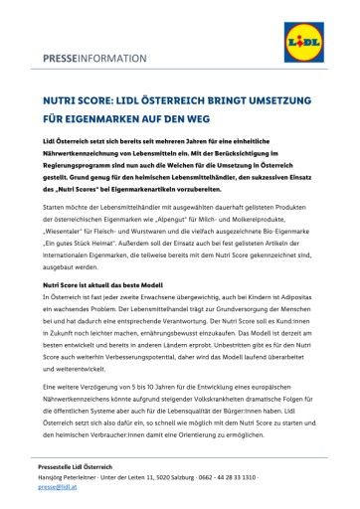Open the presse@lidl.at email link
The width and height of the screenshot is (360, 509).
tap(60, 489)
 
